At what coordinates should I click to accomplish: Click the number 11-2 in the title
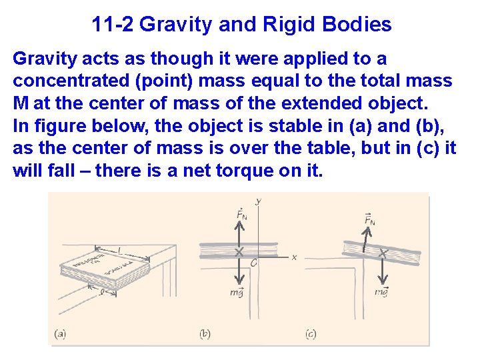(113, 25)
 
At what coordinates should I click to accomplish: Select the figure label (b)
(204, 334)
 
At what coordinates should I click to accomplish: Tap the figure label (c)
(311, 334)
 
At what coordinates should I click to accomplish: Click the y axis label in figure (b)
(257, 201)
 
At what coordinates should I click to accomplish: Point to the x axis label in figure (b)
(294, 257)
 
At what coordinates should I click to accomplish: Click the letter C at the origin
(253, 263)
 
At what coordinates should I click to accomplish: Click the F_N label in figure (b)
(241, 215)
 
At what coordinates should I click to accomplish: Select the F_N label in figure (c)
(369, 219)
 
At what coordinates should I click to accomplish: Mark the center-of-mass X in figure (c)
(383, 253)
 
